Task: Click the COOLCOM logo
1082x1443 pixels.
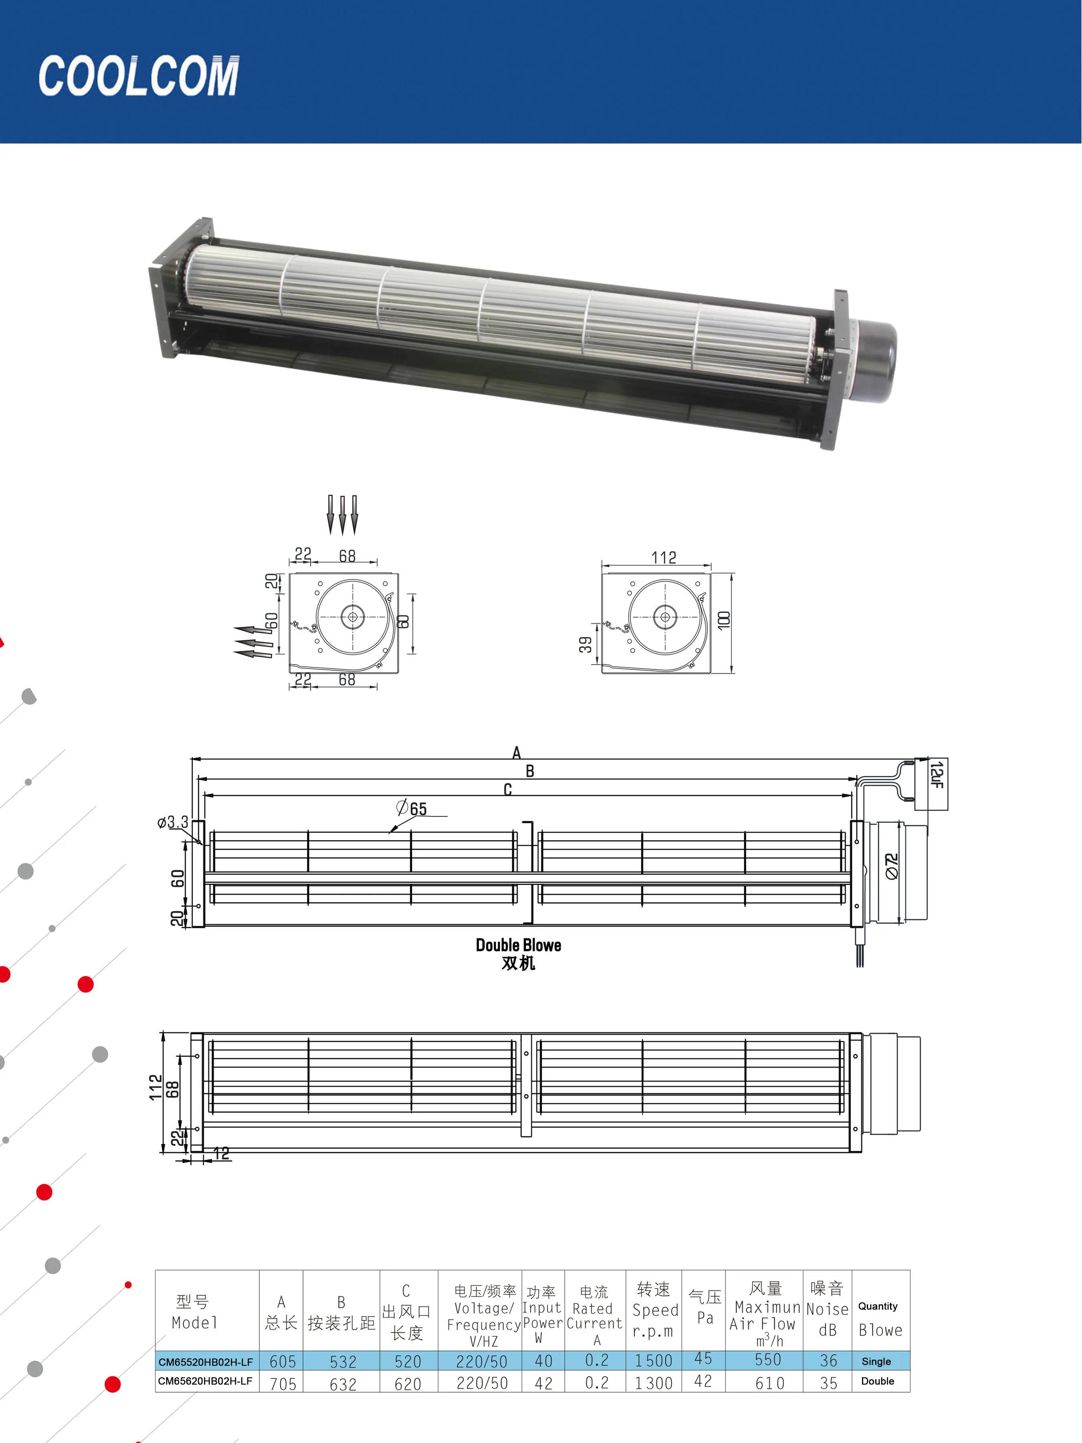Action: click(x=139, y=76)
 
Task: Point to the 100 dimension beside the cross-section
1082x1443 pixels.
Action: click(x=723, y=620)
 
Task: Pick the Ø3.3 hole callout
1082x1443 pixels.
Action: click(x=173, y=822)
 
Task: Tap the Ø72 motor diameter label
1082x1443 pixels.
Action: click(x=892, y=866)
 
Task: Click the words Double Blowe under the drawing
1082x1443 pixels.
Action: click(x=519, y=945)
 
